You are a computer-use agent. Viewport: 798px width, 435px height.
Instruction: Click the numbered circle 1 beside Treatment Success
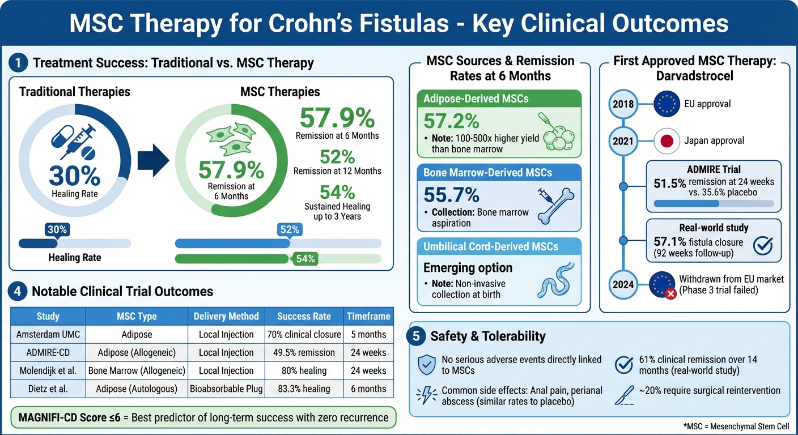pyautogui.click(x=18, y=62)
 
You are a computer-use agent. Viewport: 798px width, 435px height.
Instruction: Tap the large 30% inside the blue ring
pyautogui.click(x=74, y=176)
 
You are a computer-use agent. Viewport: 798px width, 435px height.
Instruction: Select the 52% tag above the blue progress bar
pyautogui.click(x=290, y=229)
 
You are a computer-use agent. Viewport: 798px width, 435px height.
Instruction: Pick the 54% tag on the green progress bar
pyautogui.click(x=305, y=259)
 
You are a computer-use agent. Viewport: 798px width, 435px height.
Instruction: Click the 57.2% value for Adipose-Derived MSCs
pyautogui.click(x=451, y=121)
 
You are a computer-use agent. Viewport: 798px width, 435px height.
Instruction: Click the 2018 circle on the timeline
pyautogui.click(x=623, y=104)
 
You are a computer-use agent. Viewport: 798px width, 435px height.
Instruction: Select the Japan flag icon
pyautogui.click(x=667, y=140)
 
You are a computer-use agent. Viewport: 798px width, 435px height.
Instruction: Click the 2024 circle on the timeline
pyautogui.click(x=623, y=284)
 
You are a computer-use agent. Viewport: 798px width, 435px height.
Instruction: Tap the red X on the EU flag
pyautogui.click(x=670, y=294)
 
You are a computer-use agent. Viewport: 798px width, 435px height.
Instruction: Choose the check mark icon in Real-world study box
pyautogui.click(x=763, y=245)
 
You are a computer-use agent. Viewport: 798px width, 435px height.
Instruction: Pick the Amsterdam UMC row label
pyautogui.click(x=48, y=335)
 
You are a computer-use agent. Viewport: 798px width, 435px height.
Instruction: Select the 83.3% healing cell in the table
pyautogui.click(x=304, y=389)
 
